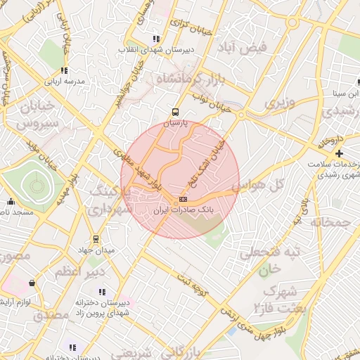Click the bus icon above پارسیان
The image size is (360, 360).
175,111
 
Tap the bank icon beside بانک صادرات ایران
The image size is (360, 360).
184,199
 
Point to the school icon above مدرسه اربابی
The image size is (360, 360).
64,70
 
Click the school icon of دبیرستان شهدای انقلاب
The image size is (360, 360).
155,39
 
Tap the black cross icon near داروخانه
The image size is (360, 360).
339,153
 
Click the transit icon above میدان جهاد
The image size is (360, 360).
96,240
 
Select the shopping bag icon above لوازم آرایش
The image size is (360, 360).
32,283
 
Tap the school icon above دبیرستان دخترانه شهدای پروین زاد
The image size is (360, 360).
102,292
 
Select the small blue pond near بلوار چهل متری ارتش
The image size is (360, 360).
231,330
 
